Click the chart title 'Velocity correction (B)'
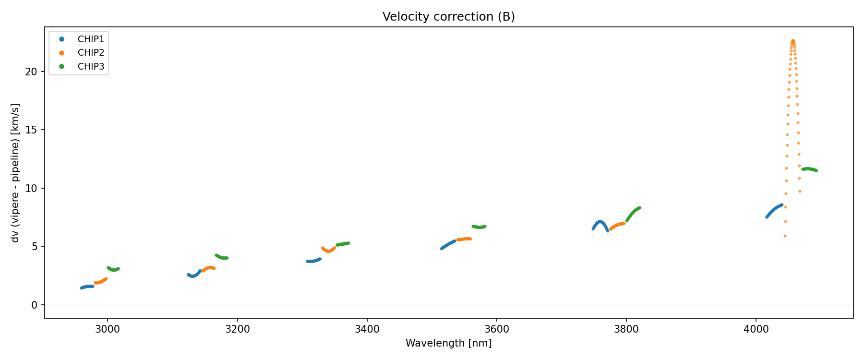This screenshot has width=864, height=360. [x=448, y=17]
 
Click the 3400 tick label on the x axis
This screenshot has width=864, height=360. [x=367, y=329]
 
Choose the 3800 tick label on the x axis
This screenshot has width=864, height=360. [x=626, y=329]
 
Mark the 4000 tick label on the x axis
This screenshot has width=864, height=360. [x=756, y=329]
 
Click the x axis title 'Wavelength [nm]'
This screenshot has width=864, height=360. [x=448, y=343]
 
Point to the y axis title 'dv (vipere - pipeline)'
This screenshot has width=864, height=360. [x=15, y=173]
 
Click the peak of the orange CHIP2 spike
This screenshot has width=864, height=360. [x=793, y=41]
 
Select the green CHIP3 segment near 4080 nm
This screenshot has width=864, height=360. [x=809, y=169]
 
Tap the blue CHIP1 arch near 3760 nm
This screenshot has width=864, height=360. [x=600, y=222]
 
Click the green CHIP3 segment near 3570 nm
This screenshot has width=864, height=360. [x=479, y=227]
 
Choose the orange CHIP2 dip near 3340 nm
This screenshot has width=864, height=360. [x=328, y=251]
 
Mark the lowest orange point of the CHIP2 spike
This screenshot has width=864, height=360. [x=785, y=236]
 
